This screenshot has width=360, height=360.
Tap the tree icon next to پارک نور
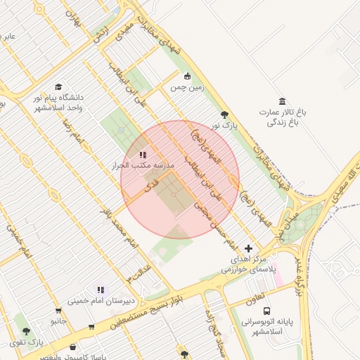click(x=224, y=115)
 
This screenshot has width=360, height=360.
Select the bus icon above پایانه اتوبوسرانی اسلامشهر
click(x=266, y=311)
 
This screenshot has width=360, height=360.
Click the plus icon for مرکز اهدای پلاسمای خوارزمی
click(x=247, y=248)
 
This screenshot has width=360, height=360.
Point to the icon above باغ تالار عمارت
click(x=283, y=101)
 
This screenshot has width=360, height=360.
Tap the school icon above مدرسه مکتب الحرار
click(x=143, y=155)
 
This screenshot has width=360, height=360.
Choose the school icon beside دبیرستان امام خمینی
click(x=101, y=290)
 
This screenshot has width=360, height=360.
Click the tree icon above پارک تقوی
click(x=27, y=331)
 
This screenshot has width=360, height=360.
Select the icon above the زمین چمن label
click(x=187, y=77)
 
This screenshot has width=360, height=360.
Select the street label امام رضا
click(x=73, y=133)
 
